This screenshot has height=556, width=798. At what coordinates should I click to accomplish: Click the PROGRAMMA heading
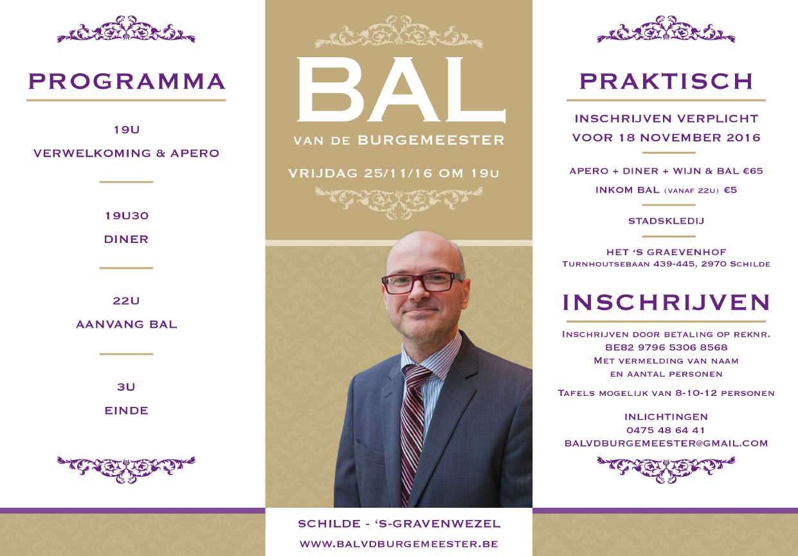click(127, 81)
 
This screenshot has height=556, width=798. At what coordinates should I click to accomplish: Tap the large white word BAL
click(401, 90)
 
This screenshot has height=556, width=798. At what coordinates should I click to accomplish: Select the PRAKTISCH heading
click(666, 81)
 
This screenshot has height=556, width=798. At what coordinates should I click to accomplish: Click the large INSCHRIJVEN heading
click(666, 302)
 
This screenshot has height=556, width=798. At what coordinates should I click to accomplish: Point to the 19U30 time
click(127, 216)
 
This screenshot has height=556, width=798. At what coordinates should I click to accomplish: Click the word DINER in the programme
click(126, 239)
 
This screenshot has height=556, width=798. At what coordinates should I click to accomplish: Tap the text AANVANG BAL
click(127, 324)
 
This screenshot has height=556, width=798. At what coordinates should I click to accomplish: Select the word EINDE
click(126, 410)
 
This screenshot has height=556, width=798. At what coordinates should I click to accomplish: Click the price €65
click(753, 171)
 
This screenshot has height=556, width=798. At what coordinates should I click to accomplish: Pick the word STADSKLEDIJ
click(666, 221)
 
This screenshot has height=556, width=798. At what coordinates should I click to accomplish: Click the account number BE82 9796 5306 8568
click(666, 347)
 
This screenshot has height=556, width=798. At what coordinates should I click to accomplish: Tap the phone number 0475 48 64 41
click(666, 430)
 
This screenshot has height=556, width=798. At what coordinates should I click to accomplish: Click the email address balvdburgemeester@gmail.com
click(666, 443)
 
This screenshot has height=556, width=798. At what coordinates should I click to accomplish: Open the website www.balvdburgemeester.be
click(399, 544)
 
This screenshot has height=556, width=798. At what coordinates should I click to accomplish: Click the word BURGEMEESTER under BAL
click(431, 140)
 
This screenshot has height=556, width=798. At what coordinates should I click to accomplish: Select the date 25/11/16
click(398, 173)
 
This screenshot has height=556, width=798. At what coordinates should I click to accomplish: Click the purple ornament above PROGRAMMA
click(126, 29)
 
